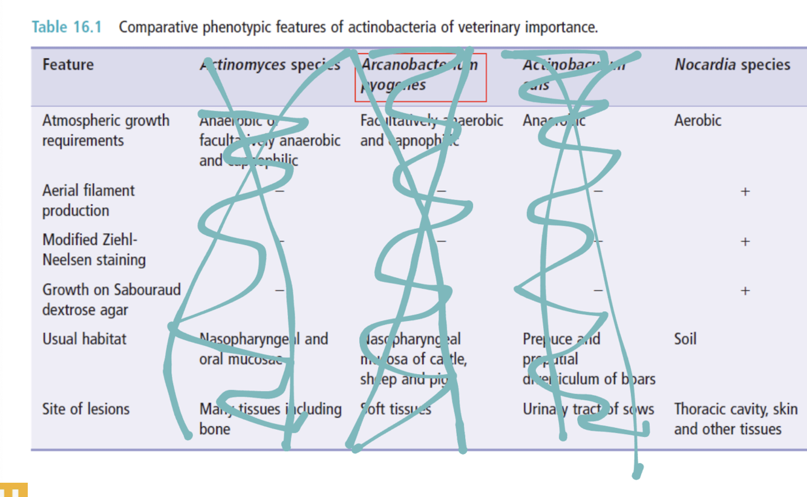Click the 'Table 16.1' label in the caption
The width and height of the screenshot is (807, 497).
tap(67, 27)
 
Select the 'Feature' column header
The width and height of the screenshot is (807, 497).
tap(68, 65)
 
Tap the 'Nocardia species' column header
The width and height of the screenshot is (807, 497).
tap(732, 65)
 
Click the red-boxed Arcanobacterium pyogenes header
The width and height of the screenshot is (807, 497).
tap(420, 75)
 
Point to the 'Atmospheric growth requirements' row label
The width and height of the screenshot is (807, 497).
tap(105, 130)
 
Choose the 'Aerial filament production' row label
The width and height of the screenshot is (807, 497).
tap(88, 200)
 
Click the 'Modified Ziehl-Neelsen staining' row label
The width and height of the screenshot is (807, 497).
tap(94, 249)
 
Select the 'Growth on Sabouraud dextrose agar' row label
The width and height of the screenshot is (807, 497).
tap(111, 300)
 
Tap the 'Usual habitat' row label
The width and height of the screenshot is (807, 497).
tap(84, 338)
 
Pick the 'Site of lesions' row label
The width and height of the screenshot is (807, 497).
tap(86, 409)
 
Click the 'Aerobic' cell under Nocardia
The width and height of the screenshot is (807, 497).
tap(698, 120)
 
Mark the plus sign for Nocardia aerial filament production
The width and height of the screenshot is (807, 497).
tap(745, 192)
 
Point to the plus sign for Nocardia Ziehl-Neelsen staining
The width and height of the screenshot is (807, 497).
tap(745, 242)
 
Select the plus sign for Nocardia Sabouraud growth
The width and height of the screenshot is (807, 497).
tap(745, 291)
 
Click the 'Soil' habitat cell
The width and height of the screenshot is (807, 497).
tap(685, 338)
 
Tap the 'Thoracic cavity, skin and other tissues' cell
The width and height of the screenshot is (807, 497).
tap(736, 419)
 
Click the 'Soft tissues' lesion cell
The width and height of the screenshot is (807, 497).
tap(396, 410)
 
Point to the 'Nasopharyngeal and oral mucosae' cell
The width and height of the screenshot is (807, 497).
tap(263, 348)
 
